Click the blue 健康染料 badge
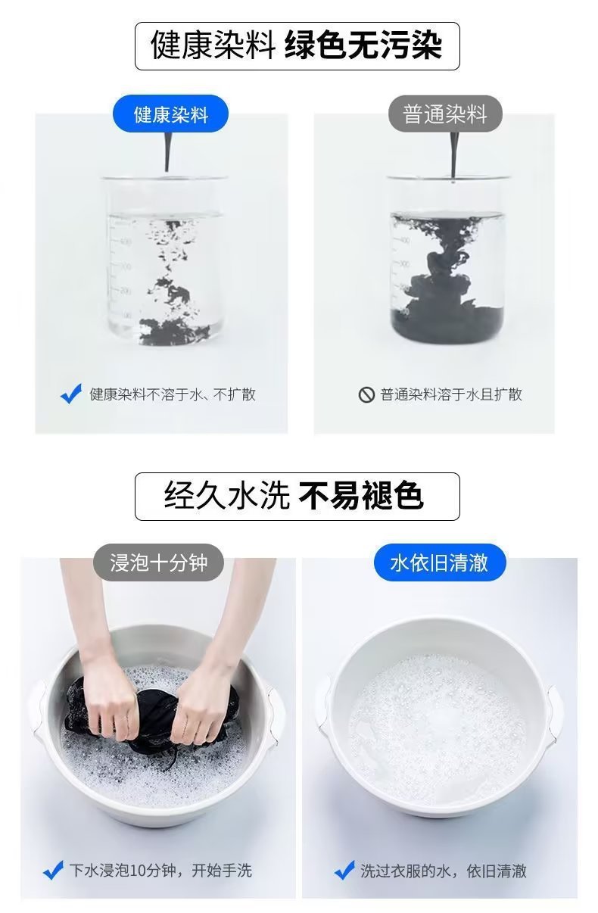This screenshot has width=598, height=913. pos(170,114)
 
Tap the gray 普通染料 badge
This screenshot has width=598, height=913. pos(445,114)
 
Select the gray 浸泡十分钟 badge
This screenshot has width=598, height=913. pos(158,562)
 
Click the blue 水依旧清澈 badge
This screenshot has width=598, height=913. pos(439,562)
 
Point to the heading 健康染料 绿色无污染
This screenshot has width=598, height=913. pos(297,45)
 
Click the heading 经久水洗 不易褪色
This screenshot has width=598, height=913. pos(297,496)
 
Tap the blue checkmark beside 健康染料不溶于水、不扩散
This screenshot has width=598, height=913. pos(71,394)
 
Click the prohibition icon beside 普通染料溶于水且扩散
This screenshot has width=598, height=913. pos(366,394)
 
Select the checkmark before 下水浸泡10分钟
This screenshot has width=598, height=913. pos(53,871)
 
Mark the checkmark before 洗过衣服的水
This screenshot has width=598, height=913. pos(344,871)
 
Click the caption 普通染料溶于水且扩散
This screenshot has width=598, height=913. pos(451,394)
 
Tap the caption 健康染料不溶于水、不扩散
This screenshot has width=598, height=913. pos(173,394)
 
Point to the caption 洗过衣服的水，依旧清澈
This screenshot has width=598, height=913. pos(443,871)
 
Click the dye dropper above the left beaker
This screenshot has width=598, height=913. pos(166,144)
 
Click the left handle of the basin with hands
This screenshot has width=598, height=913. pos(37,708)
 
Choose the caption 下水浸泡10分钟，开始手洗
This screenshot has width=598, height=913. pos(160,871)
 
